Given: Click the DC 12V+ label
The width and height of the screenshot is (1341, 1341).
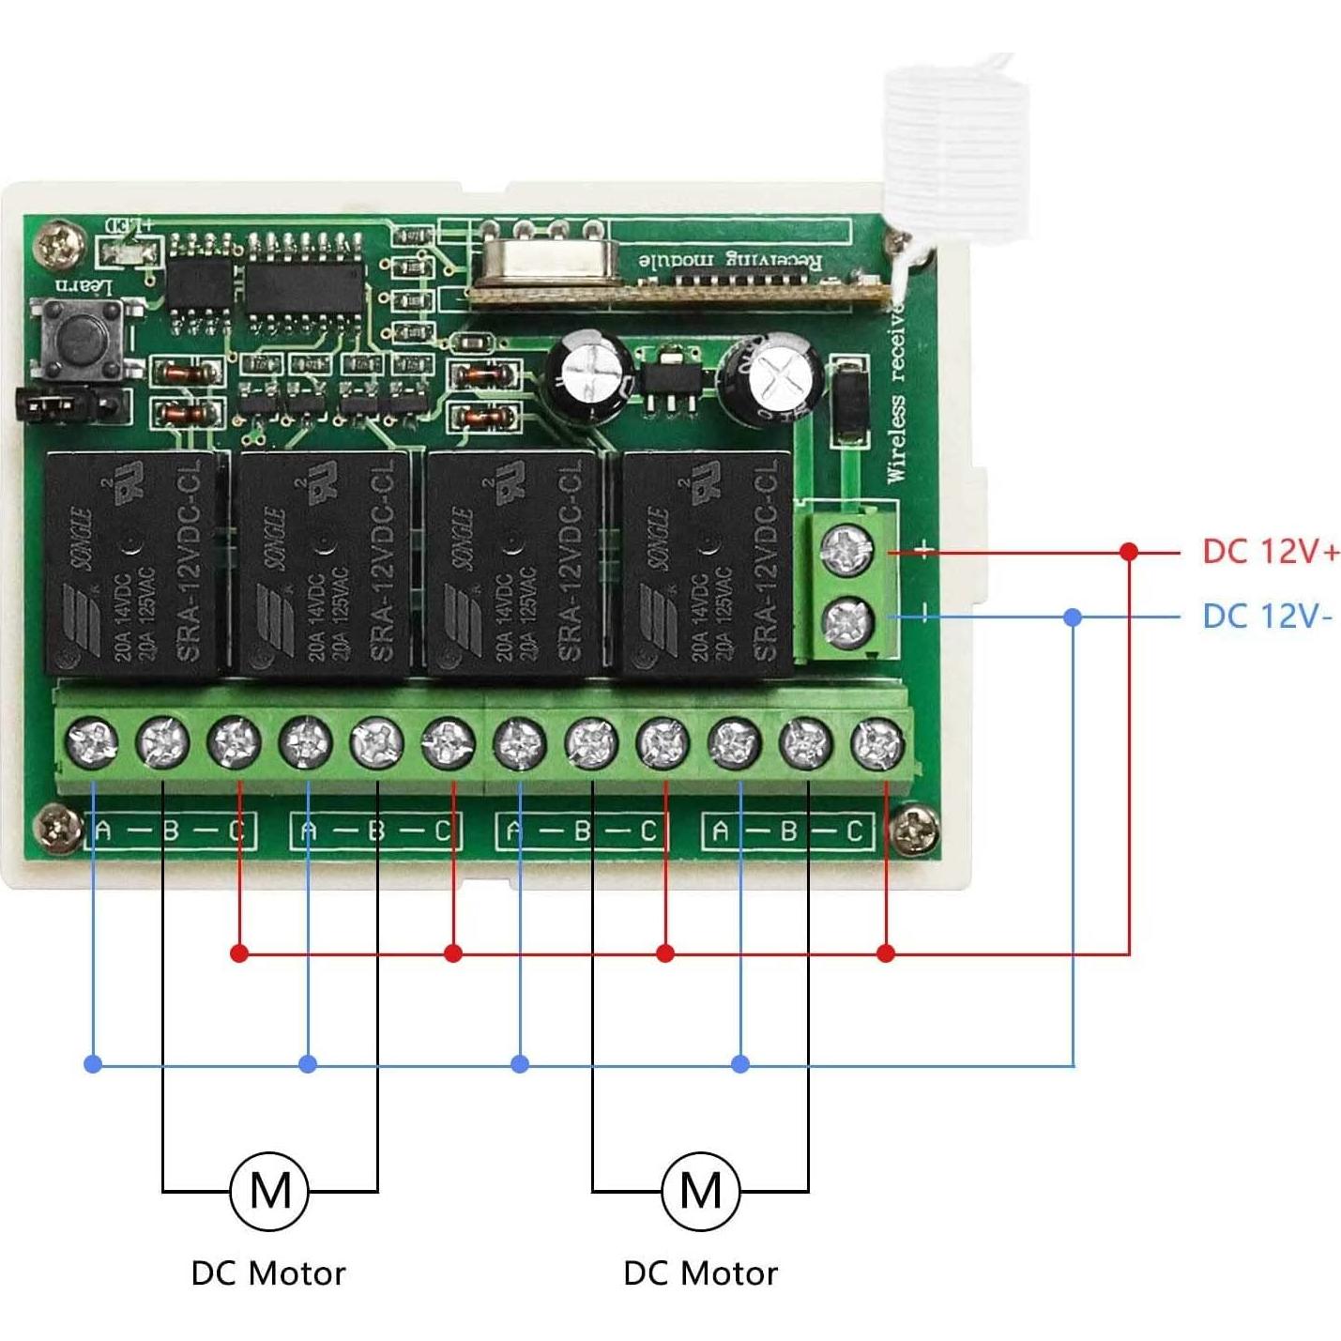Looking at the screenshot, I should coord(1270,551).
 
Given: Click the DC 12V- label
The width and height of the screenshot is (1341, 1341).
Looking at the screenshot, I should coord(1266,617).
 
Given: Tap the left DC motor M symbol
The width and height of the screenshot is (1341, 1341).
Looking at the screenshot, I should coord(270,1191).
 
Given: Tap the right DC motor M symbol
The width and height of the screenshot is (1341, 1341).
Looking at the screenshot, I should coord(700,1191).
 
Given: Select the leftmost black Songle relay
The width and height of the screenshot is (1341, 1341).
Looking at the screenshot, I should coord(131,562).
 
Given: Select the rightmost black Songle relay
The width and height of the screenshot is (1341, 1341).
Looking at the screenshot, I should coord(709,562).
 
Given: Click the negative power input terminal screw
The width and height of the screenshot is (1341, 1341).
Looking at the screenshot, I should coord(847,620).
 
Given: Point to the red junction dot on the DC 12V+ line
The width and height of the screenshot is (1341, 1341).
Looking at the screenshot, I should coord(1129,552).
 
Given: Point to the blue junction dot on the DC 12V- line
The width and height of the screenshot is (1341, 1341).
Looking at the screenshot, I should coord(1074,617).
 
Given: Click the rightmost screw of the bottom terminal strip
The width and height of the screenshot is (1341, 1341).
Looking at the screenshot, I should coord(877,742).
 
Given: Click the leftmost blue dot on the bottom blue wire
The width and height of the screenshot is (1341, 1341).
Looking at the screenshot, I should coord(93,1063).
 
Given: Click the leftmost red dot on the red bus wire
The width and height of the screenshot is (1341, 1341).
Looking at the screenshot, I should coord(239,953).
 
